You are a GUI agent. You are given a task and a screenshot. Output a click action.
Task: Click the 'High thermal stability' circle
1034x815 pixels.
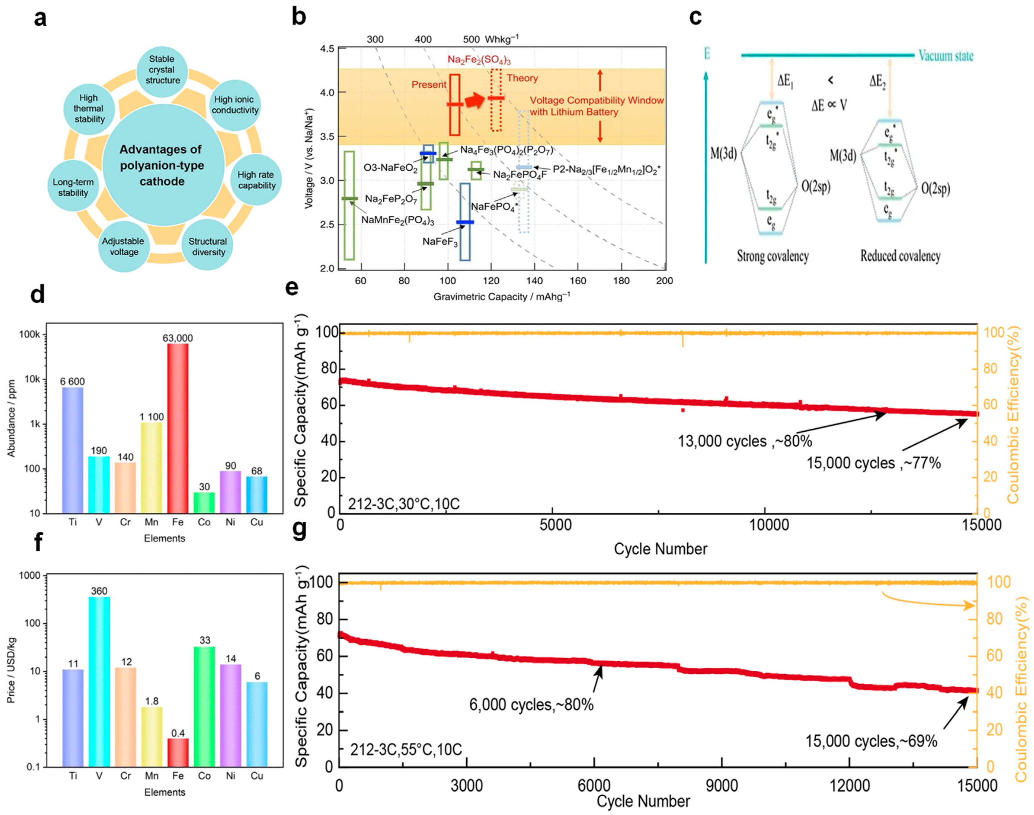(89, 109)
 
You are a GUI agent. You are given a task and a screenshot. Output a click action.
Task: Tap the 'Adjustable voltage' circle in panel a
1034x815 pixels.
(123, 246)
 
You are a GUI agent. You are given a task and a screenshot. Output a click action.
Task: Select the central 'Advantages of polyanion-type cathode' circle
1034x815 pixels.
(162, 165)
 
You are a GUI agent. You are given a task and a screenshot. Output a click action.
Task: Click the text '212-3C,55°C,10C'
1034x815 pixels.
(406, 749)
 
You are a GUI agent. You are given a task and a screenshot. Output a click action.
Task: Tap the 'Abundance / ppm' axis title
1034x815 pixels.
(12, 419)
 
